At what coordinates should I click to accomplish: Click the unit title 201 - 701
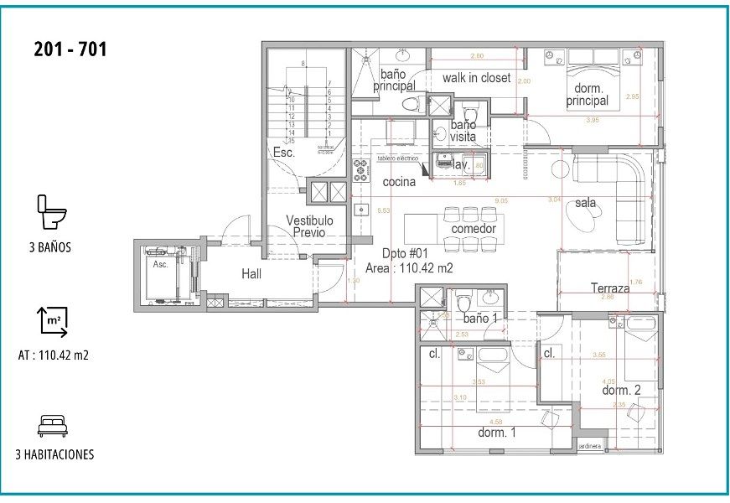70,49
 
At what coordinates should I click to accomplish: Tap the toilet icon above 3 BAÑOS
52,212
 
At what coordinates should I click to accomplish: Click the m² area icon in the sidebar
53,321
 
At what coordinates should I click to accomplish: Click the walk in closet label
476,78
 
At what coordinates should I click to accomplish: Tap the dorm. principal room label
587,95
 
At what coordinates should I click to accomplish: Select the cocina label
400,182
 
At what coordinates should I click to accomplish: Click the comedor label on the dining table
474,229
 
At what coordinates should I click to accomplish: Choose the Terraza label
609,288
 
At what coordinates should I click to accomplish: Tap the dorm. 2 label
621,390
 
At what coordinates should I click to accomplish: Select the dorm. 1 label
496,433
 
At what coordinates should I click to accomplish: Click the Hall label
252,273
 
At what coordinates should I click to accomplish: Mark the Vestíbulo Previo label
309,226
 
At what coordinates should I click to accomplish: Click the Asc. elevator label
159,264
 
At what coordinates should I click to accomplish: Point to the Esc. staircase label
283,153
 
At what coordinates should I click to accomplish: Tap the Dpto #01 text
406,253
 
